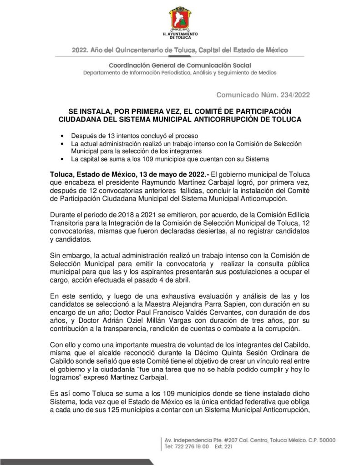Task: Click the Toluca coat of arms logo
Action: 180,19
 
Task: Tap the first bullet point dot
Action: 61,136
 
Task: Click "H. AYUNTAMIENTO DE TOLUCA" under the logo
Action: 180,36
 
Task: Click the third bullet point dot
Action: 61,159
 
